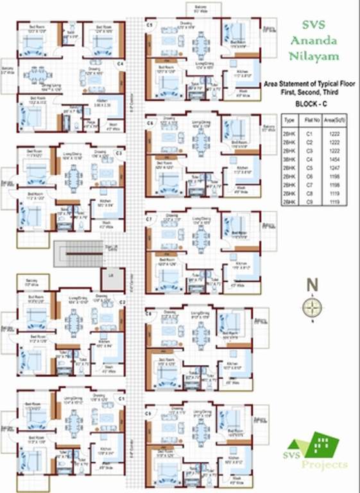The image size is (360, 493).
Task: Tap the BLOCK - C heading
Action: [311, 103]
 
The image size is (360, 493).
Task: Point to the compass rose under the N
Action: [312, 307]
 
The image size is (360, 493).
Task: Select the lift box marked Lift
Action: [107, 277]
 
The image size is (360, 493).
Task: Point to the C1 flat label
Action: [121, 399]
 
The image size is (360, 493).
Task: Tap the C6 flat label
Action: [150, 122]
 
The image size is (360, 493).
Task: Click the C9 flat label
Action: [149, 413]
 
